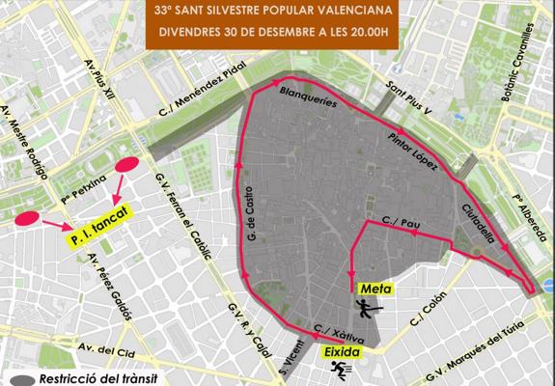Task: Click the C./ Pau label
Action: (x=399, y=219)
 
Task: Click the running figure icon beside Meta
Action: (x=365, y=309)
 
